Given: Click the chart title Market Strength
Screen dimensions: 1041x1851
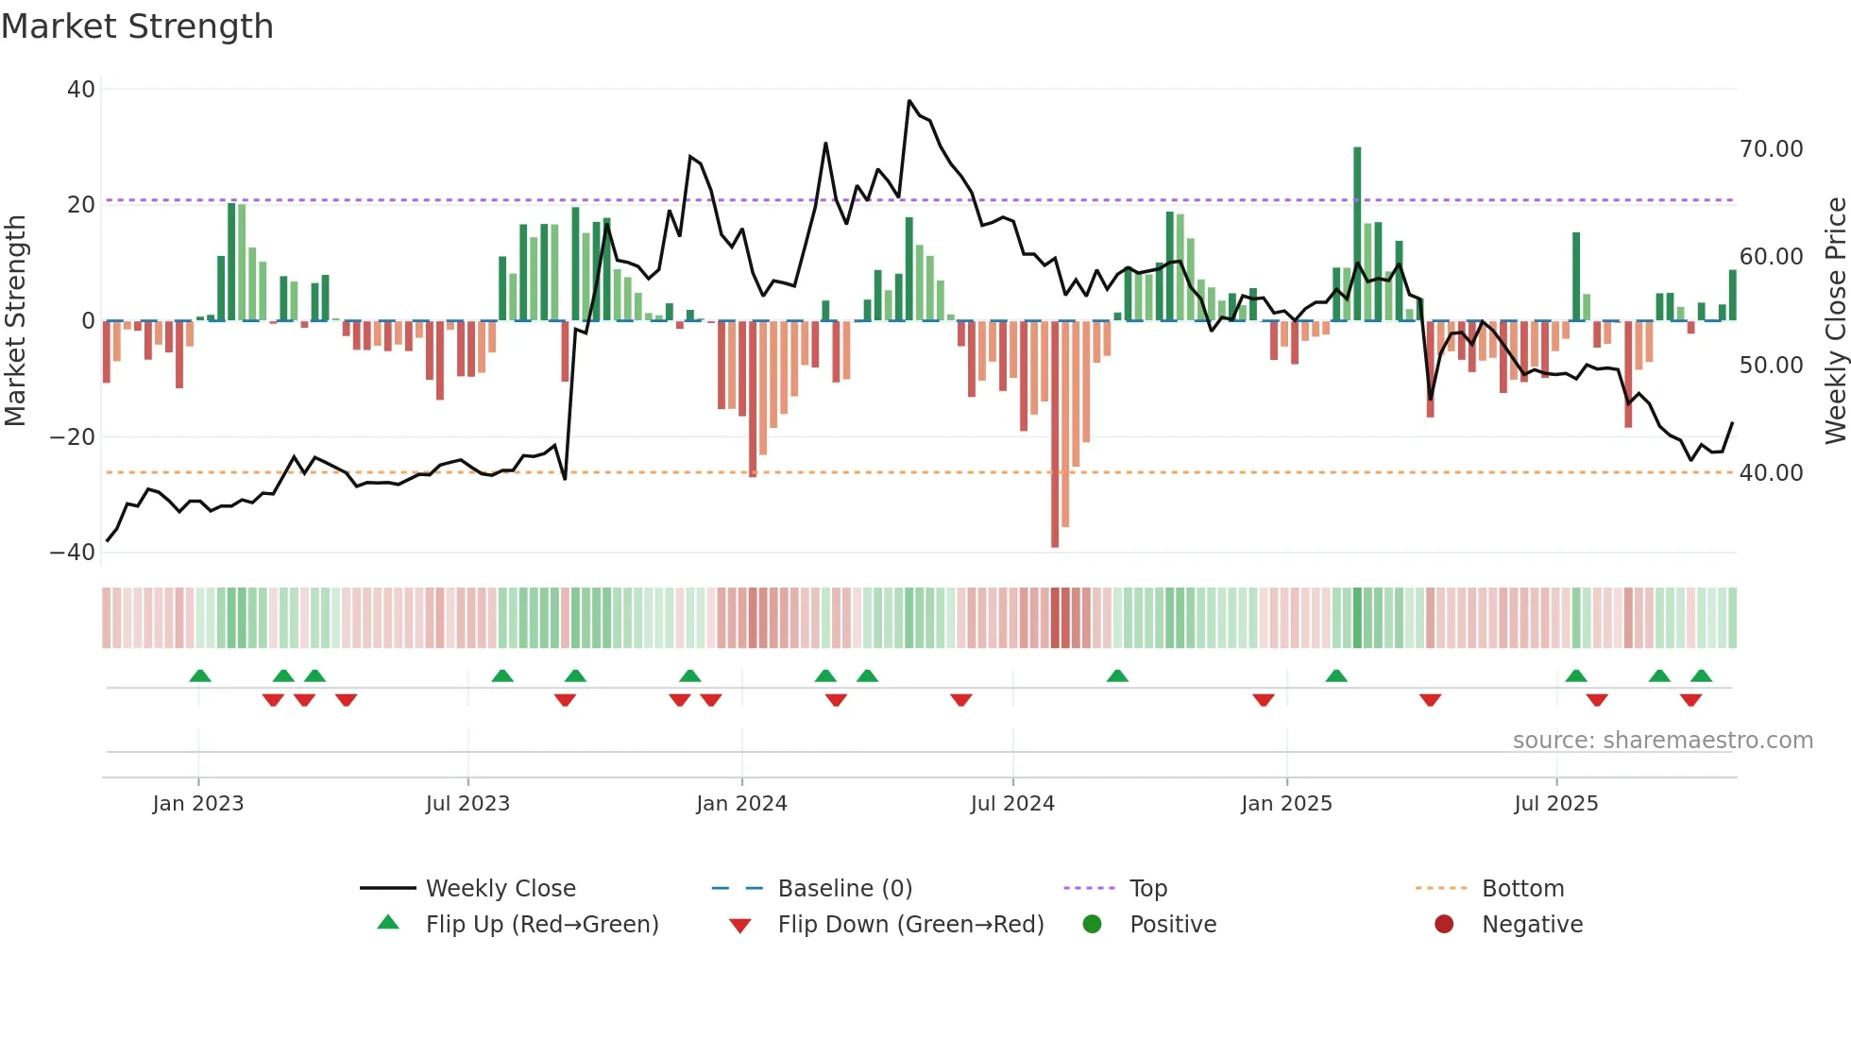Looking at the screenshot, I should click(137, 26).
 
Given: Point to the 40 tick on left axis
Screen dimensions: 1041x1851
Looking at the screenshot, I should click(81, 90).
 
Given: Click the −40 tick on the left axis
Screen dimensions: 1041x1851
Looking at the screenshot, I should click(73, 553).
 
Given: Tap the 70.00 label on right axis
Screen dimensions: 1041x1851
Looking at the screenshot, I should click(1771, 149).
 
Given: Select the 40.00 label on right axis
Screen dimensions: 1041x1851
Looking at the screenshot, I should click(1771, 473).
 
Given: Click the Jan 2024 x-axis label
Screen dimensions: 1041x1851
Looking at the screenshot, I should click(741, 804).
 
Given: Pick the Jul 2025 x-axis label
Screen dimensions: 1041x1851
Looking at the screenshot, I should click(1555, 804).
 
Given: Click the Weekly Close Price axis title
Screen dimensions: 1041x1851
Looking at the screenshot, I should click(1835, 321).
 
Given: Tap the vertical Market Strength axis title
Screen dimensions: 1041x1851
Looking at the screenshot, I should click(16, 321).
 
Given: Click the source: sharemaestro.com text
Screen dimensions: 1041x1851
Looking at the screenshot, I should click(1662, 741).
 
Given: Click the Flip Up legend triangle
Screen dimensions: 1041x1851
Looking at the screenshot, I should click(388, 923).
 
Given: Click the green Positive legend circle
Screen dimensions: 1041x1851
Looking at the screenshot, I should click(1093, 925).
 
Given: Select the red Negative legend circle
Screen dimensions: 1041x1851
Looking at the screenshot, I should click(1444, 925).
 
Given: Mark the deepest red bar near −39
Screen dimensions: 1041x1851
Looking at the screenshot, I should click(1055, 435).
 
